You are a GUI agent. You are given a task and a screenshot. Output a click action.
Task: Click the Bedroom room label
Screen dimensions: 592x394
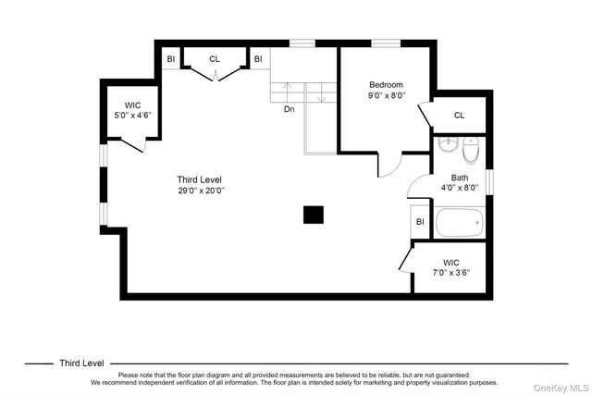click(x=386, y=84)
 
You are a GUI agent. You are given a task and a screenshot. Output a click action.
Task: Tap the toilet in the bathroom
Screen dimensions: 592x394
click(x=471, y=150)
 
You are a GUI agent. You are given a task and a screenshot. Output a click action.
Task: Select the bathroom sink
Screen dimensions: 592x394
click(x=448, y=144)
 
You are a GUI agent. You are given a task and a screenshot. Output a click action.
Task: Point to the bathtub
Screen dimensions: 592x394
click(x=460, y=223)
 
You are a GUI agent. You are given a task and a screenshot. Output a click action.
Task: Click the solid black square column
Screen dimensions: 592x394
click(x=314, y=215)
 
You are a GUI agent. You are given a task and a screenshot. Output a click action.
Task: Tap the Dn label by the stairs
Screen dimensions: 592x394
click(x=290, y=109)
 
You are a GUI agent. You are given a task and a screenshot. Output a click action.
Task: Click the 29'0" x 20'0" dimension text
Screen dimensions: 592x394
click(x=201, y=191)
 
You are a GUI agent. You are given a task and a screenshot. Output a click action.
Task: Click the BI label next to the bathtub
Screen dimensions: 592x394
click(x=420, y=222)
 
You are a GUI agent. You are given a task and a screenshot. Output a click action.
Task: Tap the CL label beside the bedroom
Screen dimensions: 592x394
click(x=460, y=115)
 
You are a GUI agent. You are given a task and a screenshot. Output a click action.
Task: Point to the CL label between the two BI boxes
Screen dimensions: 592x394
click(x=215, y=59)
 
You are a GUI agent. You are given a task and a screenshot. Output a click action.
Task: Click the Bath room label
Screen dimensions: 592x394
click(x=460, y=178)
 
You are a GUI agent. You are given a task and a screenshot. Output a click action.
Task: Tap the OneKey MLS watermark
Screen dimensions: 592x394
click(x=561, y=388)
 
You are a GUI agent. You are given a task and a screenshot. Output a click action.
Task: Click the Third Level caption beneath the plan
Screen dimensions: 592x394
click(x=81, y=363)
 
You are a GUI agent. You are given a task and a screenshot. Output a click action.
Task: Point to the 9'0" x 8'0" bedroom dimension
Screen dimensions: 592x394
click(x=387, y=95)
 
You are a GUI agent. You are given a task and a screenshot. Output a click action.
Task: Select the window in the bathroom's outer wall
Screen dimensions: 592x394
click(x=489, y=182)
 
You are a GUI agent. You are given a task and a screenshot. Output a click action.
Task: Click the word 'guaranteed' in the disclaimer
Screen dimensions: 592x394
click(x=452, y=376)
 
